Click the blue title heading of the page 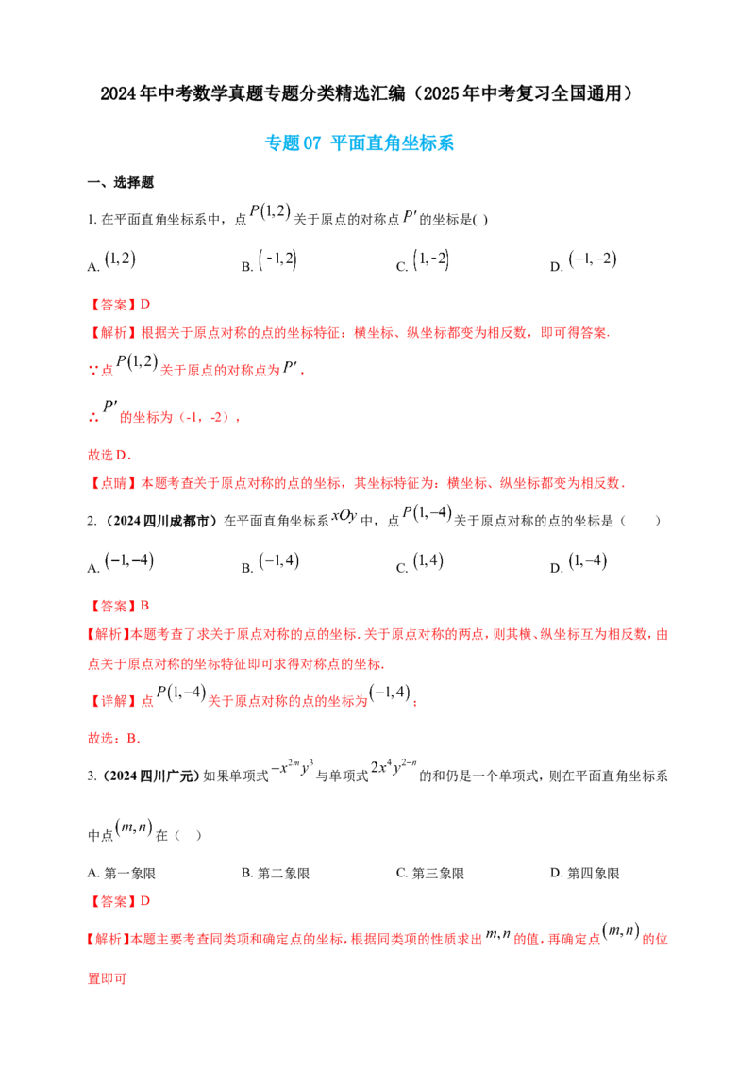pyautogui.click(x=360, y=143)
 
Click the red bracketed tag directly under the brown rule pyautogui.click(x=108, y=483)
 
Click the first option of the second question pyautogui.click(x=128, y=560)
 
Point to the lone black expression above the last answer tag pyautogui.click(x=133, y=826)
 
